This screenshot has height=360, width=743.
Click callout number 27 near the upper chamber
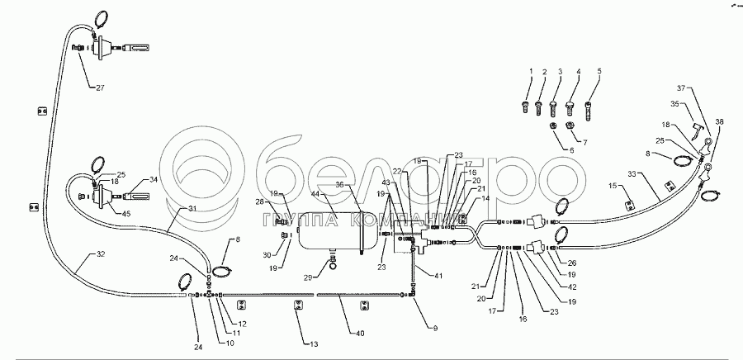click(100, 88)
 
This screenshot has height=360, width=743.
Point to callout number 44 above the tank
click(315, 193)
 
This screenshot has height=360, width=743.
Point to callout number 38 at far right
click(719, 123)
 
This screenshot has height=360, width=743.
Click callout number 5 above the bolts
click(599, 71)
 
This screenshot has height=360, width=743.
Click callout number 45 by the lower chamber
click(125, 215)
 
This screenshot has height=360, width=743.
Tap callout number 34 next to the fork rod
click(152, 178)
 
